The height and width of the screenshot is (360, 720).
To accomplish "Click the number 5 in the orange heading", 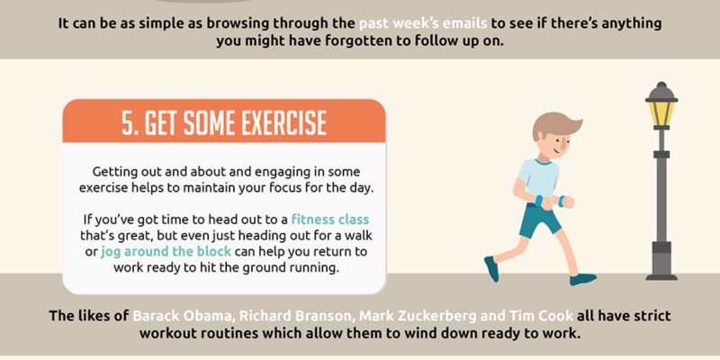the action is [x=128, y=122].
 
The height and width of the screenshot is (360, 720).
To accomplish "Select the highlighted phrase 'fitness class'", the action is [x=330, y=219].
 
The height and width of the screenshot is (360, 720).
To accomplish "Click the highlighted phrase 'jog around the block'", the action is [x=166, y=252].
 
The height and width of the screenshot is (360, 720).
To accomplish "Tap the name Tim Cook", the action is [x=541, y=316].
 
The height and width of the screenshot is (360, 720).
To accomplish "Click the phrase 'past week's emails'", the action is [x=423, y=23].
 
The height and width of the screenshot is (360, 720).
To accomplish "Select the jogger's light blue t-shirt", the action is [x=538, y=179].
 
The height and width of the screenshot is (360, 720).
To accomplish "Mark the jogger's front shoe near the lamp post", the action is [x=583, y=279].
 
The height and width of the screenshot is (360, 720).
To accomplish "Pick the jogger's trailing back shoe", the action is [x=491, y=268].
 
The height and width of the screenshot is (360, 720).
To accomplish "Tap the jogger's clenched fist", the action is [x=569, y=202].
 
